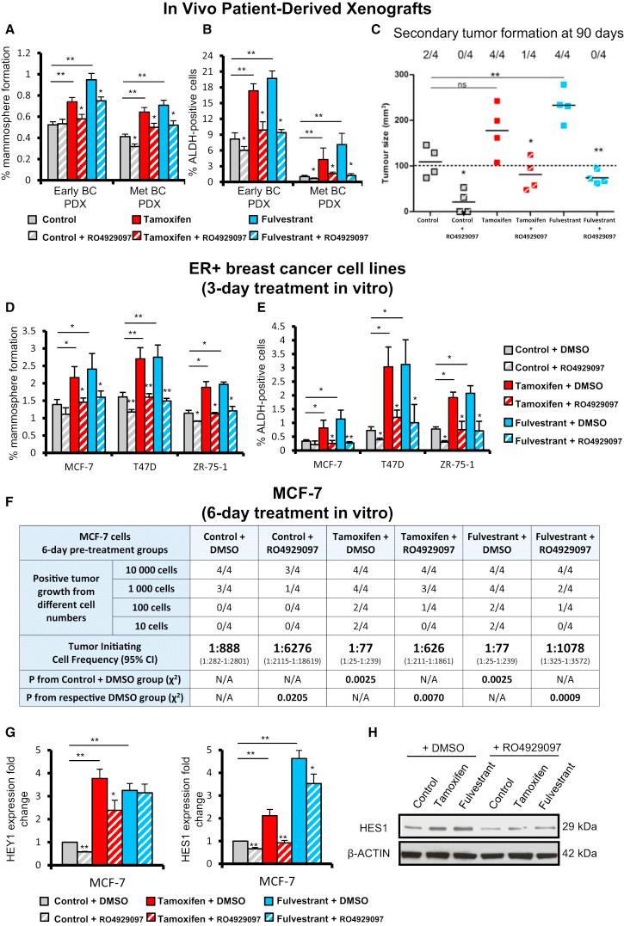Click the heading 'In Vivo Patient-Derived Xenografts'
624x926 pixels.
point(312,9)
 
